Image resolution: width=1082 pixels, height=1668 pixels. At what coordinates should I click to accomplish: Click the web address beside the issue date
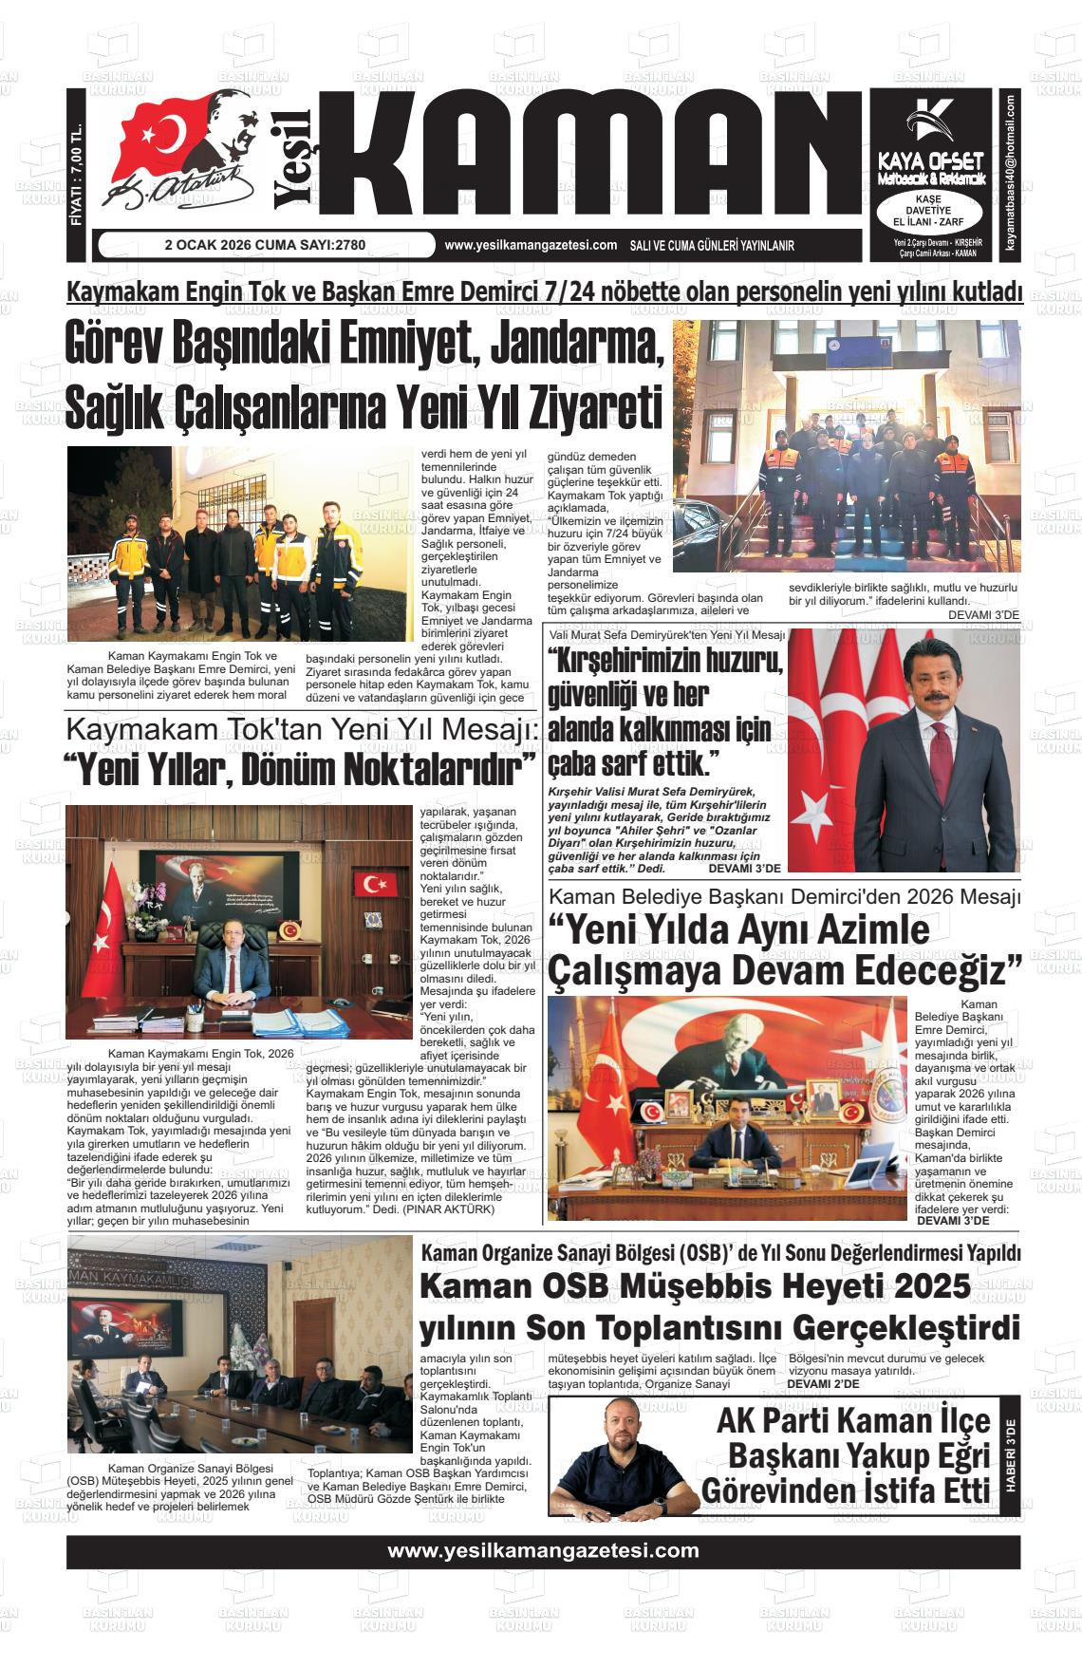[531, 245]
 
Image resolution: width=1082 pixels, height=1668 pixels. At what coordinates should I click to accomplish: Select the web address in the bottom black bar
[543, 1551]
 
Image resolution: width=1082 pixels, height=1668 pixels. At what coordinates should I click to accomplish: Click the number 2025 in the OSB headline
[931, 1287]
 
